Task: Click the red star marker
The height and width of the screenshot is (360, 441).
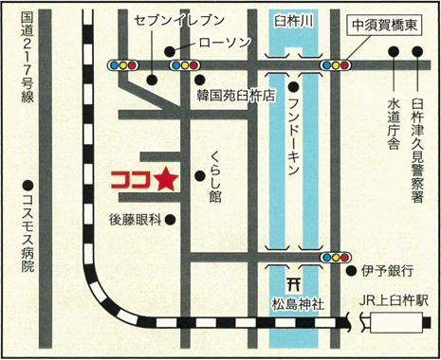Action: point(164,177)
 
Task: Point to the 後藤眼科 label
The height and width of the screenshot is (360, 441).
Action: point(134,219)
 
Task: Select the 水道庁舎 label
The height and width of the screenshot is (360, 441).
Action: point(394,124)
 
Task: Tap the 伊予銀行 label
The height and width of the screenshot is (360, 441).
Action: point(386,271)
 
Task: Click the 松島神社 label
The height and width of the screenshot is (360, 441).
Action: point(295,304)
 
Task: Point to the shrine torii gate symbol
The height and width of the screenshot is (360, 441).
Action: point(294,282)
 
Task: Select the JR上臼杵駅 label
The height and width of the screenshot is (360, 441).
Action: point(395,300)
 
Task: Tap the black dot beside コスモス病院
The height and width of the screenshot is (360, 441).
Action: point(28,184)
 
